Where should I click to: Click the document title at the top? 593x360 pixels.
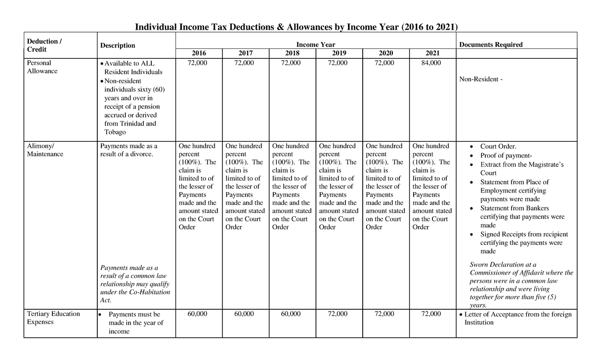coord(296,27)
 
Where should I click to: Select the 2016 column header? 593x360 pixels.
coord(199,53)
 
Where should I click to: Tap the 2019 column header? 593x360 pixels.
coord(339,53)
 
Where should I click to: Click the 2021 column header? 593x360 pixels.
coord(432,53)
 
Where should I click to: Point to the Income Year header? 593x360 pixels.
coord(315,44)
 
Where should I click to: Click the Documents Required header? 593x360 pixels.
coord(491,44)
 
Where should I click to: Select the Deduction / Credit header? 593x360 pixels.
coord(44,45)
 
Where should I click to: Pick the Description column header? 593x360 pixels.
coord(118,45)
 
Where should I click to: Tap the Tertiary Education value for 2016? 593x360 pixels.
coord(198,314)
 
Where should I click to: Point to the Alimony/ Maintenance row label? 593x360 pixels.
coord(45,150)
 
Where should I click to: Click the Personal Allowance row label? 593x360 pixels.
coord(42,67)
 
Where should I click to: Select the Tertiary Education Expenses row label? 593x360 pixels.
coord(53,318)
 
